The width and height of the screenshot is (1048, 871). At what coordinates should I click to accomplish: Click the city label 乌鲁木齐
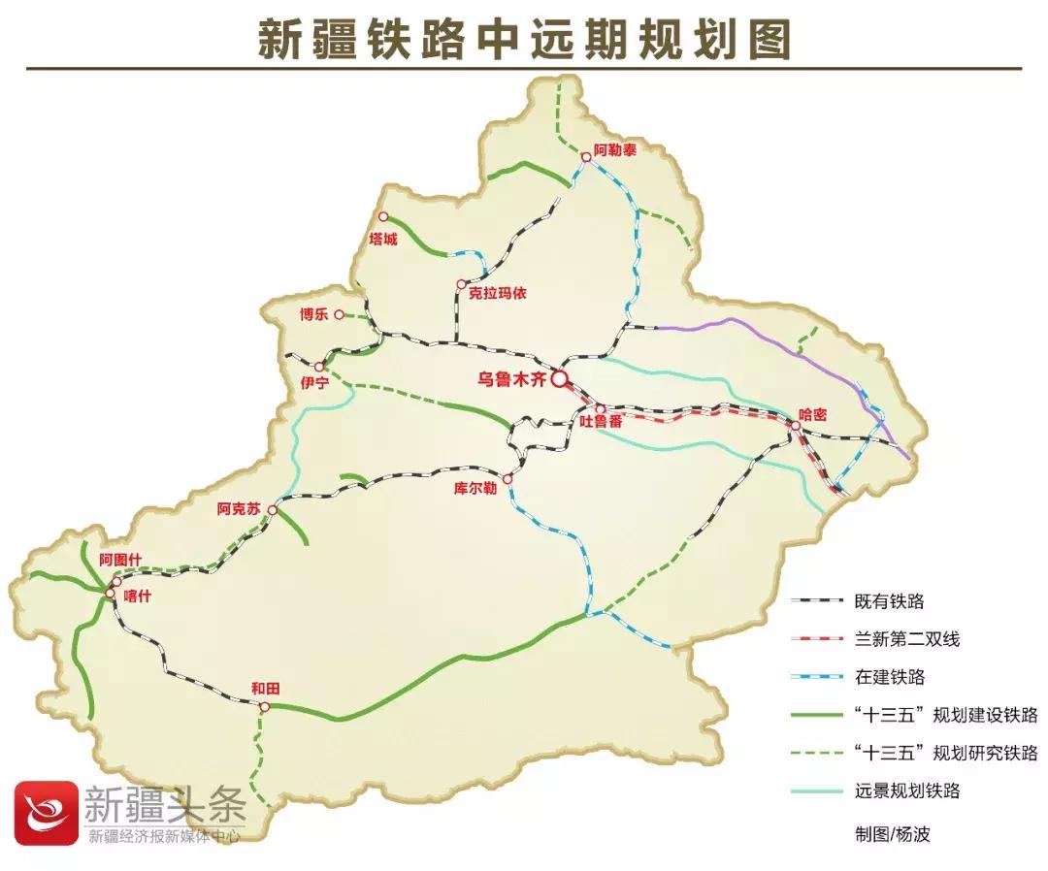(x=512, y=379)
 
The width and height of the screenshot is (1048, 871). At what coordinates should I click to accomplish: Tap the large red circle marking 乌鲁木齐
(x=560, y=379)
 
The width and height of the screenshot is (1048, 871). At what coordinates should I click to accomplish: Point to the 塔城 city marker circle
(x=383, y=216)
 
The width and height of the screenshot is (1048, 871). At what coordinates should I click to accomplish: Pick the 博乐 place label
(x=314, y=314)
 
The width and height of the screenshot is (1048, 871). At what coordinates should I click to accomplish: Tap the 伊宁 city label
(x=315, y=384)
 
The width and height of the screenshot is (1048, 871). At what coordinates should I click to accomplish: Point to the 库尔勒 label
(x=475, y=488)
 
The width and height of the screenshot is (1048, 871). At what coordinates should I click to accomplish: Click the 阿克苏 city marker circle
(x=273, y=509)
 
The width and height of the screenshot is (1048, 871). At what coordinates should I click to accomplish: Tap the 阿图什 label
(x=120, y=561)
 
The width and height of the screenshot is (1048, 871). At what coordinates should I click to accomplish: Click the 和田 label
(x=265, y=688)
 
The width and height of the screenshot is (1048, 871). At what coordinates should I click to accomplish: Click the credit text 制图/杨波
(x=892, y=833)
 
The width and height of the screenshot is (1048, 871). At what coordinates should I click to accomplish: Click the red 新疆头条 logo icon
(x=45, y=812)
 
